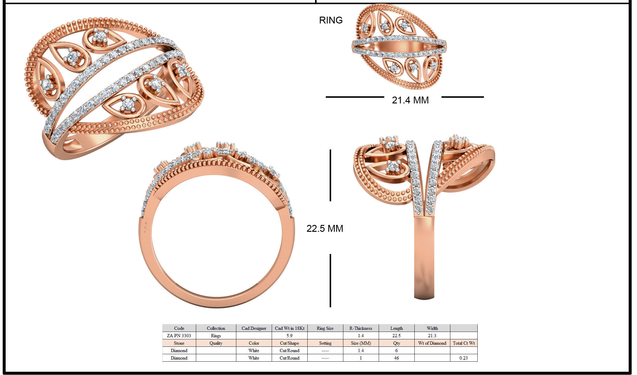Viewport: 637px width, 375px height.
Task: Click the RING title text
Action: (331, 20)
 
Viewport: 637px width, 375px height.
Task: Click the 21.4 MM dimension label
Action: (410, 100)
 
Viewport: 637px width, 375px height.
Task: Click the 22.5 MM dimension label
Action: (325, 228)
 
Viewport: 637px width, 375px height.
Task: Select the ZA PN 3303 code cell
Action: (179, 335)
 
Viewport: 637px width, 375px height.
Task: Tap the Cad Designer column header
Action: (254, 328)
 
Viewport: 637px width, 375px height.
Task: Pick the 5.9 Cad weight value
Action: (289, 335)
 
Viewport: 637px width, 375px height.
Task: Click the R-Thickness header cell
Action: (361, 328)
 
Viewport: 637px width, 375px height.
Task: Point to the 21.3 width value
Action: (432, 335)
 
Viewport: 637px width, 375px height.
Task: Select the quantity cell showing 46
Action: (396, 358)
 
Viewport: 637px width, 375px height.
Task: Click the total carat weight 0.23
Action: (463, 358)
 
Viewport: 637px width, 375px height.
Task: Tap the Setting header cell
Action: (325, 343)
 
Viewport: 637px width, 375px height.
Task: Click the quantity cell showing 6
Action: (396, 350)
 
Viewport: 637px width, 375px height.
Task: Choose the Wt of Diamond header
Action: (432, 343)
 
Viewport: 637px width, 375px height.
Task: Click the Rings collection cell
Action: (216, 335)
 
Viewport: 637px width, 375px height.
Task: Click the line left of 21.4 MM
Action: (355, 97)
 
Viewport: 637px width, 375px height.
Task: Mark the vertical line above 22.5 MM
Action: (330, 175)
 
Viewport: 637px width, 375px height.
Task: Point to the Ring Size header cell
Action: (325, 328)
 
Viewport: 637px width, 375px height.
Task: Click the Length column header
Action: (396, 328)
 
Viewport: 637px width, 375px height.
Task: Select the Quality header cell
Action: (216, 343)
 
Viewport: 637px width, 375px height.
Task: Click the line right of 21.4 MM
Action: (463, 97)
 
